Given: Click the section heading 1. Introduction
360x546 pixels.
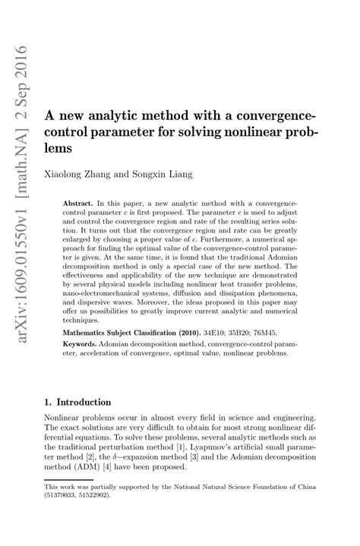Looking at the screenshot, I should point(79,402).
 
